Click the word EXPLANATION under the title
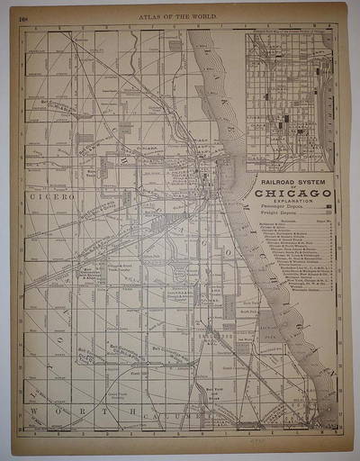293,201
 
